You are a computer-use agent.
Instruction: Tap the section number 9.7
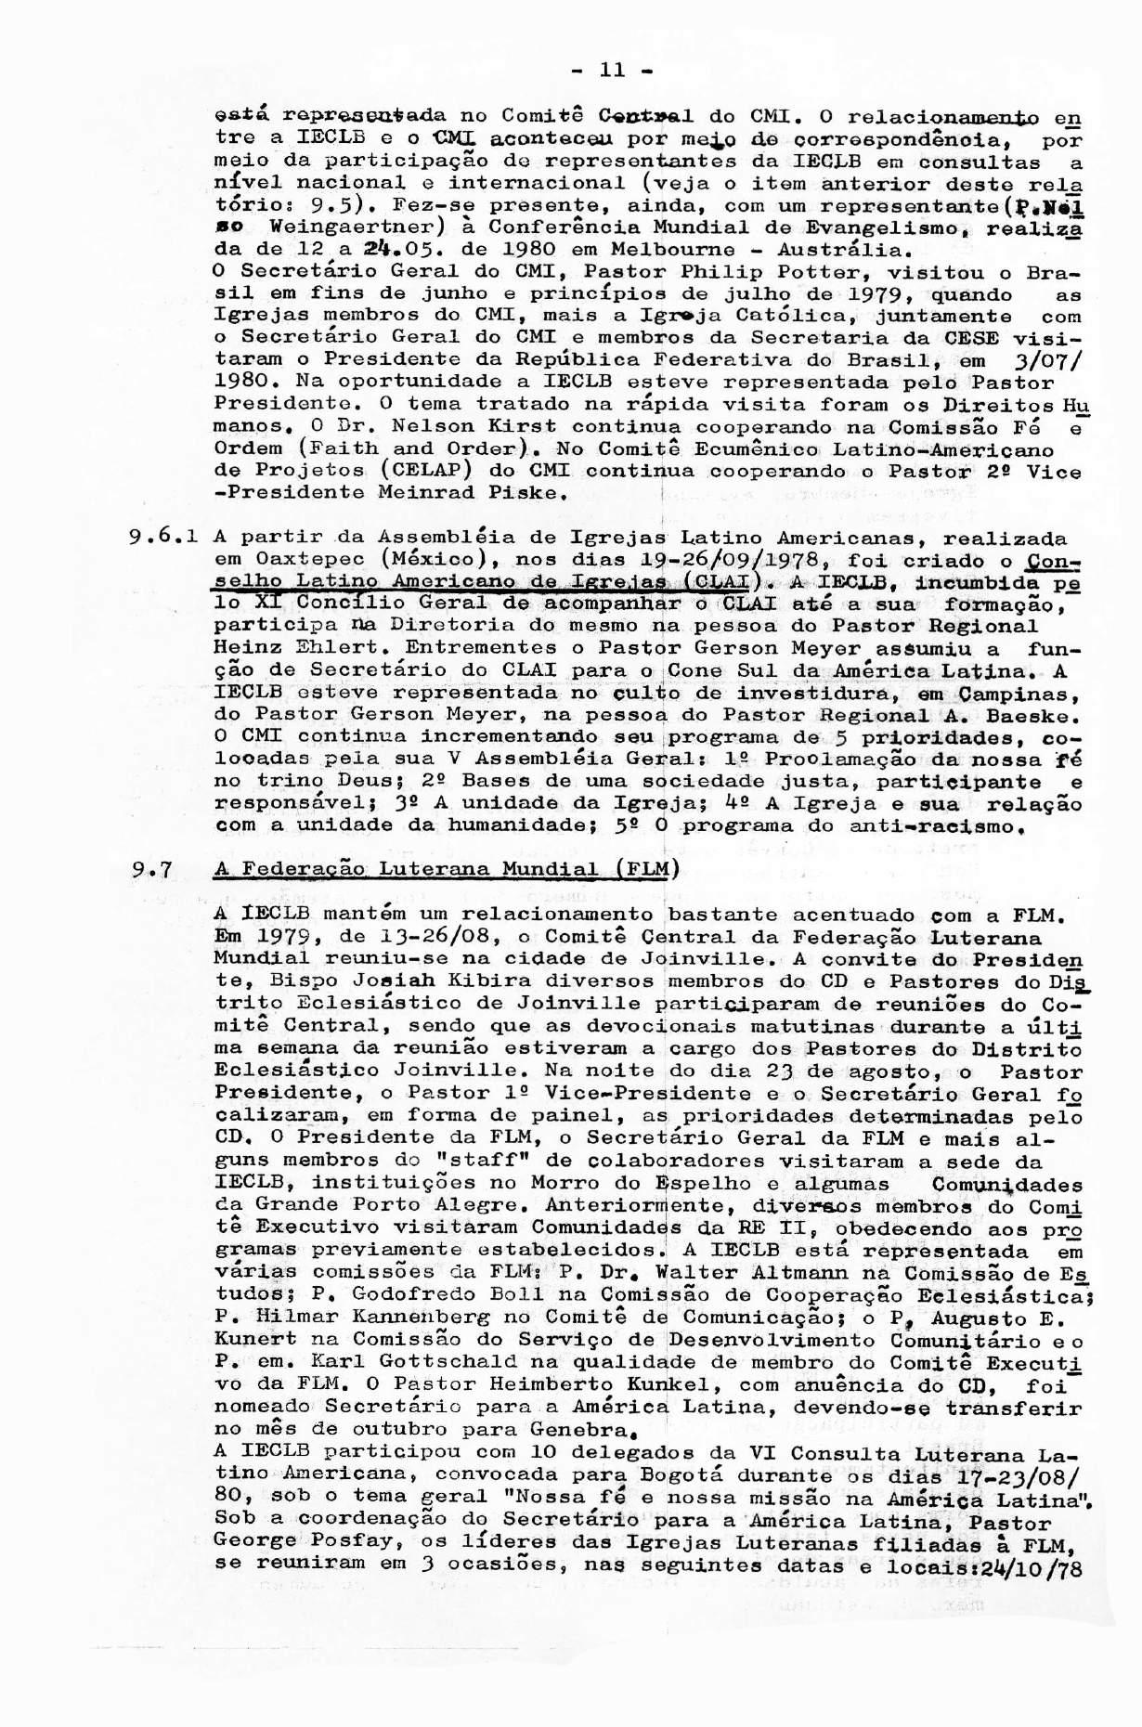[x=149, y=870]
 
